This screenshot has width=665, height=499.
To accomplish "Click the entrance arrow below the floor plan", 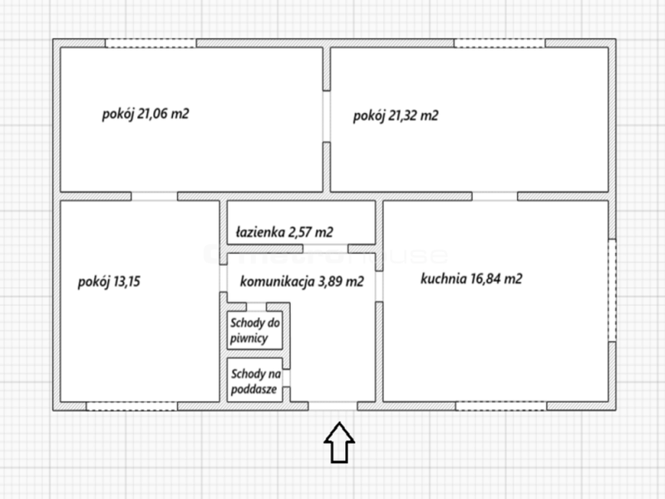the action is pyautogui.click(x=339, y=442).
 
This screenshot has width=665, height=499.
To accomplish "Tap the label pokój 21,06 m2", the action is pyautogui.click(x=145, y=114).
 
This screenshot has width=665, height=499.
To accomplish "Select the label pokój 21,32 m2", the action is pyautogui.click(x=396, y=116).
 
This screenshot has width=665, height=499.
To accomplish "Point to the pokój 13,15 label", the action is pyautogui.click(x=109, y=282).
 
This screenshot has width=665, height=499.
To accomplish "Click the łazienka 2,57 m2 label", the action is pyautogui.click(x=284, y=232).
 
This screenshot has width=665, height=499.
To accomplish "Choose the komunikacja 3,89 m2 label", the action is pyautogui.click(x=302, y=281).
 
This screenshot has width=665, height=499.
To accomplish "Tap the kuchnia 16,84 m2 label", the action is pyautogui.click(x=471, y=279).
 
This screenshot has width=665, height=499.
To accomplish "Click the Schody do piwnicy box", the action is pyautogui.click(x=255, y=330).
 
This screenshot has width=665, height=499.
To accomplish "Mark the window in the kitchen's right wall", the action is pyautogui.click(x=612, y=290).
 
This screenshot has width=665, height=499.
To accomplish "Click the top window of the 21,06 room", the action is pyautogui.click(x=150, y=43).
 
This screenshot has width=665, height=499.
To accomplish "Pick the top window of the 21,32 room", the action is pyautogui.click(x=500, y=43).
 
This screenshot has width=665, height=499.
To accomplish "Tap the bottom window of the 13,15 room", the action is pyautogui.click(x=132, y=406).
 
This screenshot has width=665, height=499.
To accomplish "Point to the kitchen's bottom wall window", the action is pyautogui.click(x=501, y=406).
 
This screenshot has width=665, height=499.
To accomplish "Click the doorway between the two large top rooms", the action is pyautogui.click(x=327, y=116).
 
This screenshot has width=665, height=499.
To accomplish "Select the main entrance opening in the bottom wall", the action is pyautogui.click(x=333, y=406).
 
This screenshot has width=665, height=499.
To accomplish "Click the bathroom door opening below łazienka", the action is pyautogui.click(x=326, y=249).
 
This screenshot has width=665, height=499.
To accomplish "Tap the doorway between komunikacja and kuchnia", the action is pyautogui.click(x=379, y=286).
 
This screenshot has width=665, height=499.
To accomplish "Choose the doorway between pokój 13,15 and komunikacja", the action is pyautogui.click(x=224, y=278).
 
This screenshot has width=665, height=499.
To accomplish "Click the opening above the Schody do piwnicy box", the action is pyautogui.click(x=256, y=307).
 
